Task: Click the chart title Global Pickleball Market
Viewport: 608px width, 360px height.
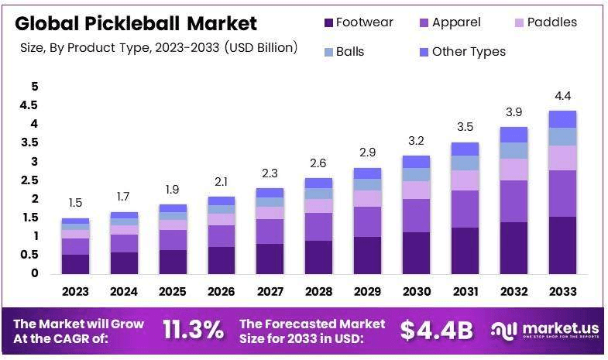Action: [x=136, y=22]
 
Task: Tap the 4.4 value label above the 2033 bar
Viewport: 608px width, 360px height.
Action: [x=563, y=96]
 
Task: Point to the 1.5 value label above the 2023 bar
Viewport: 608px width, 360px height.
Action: [x=75, y=203]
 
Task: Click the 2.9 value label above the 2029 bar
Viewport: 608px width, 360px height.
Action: [x=368, y=153]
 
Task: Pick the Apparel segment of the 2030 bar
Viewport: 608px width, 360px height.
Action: [x=416, y=215]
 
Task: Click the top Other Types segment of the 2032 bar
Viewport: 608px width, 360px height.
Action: [x=514, y=135]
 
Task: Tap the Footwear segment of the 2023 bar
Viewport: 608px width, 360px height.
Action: [x=75, y=263]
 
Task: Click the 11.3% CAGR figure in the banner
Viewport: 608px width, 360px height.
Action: [x=193, y=330]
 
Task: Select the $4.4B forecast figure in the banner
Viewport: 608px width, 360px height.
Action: [x=436, y=330]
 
